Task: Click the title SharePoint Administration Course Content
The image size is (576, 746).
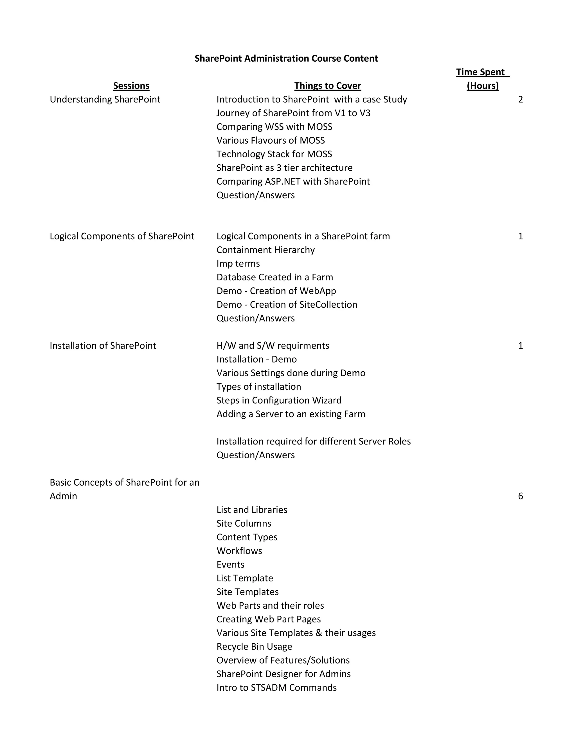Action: pos(286,58)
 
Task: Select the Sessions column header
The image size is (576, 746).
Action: pos(131,86)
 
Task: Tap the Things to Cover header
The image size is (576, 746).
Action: pos(327,86)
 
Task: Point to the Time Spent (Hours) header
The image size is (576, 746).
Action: pos(483,79)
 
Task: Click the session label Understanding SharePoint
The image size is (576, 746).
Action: pos(105,99)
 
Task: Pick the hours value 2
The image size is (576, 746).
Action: pos(520,99)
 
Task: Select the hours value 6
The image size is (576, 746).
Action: pos(520,496)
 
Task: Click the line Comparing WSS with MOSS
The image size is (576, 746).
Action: pos(274,127)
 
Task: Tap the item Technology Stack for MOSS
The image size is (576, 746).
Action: pos(274,154)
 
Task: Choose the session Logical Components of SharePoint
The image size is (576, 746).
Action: pos(122,236)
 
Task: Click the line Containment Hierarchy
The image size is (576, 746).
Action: pos(265,250)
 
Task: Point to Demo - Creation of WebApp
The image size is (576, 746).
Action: pos(276,291)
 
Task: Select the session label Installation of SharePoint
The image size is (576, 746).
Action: pos(103,346)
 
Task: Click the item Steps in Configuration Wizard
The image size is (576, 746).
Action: pos(279,400)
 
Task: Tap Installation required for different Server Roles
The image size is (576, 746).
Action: pos(313,441)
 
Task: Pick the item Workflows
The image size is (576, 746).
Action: pos(239,551)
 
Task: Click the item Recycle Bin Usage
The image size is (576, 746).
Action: pos(254,647)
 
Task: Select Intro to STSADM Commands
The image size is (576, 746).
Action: pos(276,688)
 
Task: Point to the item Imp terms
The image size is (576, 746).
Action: pos(238,264)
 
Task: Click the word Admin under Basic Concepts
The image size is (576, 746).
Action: pos(64,496)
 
